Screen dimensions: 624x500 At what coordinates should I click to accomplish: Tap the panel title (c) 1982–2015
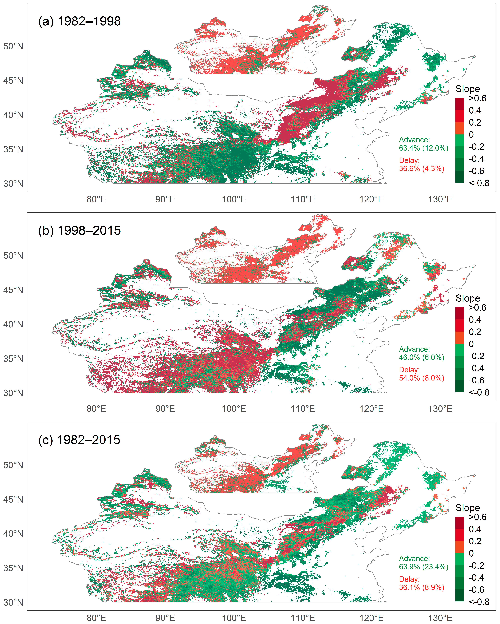point(79,440)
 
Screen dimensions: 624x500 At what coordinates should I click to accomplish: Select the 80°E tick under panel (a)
point(96,199)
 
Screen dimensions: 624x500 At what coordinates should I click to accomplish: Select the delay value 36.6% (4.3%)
point(421,168)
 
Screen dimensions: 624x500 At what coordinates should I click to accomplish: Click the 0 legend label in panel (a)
point(471,135)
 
